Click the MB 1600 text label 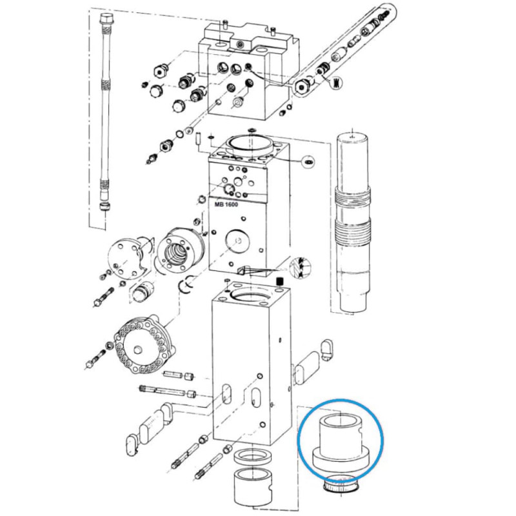pos(226,204)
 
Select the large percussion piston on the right pos(352,221)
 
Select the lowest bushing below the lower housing pos(253,488)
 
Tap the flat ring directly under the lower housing pos(252,459)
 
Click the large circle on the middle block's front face pos(237,241)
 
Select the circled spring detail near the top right pos(335,82)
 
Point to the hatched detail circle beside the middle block pos(301,266)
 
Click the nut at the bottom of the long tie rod pos(105,207)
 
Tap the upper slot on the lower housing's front pos(226,395)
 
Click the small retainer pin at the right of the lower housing pos(326,350)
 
